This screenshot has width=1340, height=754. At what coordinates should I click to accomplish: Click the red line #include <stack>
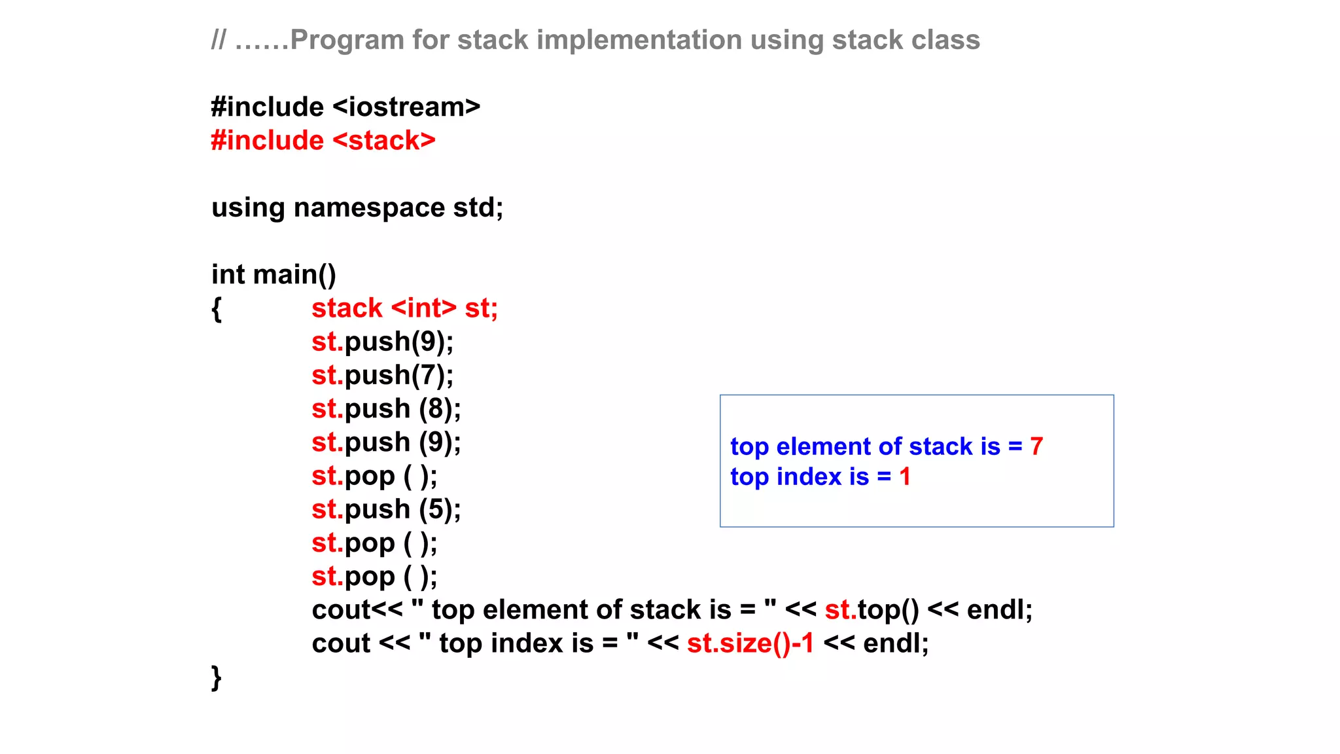tap(323, 141)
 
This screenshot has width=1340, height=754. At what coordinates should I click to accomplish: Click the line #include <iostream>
tap(345, 107)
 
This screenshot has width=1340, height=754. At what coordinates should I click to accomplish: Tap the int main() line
tap(273, 274)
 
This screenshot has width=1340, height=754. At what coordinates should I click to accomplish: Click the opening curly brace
tap(217, 308)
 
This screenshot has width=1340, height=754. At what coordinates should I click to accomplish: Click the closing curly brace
tap(217, 677)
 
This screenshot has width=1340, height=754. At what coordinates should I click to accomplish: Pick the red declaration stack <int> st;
tap(404, 308)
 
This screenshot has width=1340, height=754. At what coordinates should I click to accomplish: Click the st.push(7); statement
tap(382, 375)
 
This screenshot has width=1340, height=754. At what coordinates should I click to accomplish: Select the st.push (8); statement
tap(386, 409)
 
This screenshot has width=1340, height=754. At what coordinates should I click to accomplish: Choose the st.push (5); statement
tap(386, 509)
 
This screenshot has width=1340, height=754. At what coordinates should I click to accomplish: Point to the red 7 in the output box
tap(1036, 446)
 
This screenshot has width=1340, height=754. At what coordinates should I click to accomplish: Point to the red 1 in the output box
tap(905, 476)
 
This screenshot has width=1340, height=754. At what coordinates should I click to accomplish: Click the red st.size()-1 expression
tap(750, 643)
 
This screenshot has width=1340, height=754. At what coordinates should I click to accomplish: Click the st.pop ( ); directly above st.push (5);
tap(374, 476)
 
